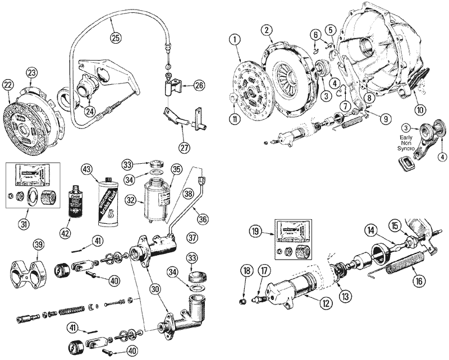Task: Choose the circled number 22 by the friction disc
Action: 7,85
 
